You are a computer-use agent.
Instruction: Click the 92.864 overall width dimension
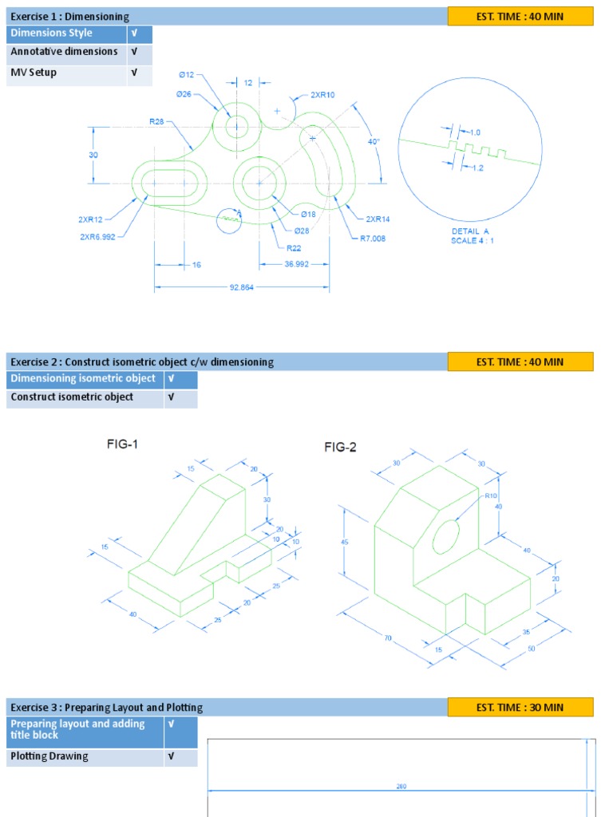[241, 287]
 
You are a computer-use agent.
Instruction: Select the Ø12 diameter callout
[186, 74]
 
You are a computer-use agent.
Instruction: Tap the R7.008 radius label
[373, 238]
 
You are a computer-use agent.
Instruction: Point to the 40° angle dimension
[374, 141]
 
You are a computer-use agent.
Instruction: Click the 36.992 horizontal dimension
[296, 265]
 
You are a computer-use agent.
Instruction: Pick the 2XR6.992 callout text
[98, 236]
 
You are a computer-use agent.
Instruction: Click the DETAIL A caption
[470, 231]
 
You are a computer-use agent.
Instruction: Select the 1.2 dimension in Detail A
[478, 168]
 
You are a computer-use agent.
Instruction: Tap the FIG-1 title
[123, 444]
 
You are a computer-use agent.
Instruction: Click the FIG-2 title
[340, 448]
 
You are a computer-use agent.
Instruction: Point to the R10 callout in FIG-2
[490, 495]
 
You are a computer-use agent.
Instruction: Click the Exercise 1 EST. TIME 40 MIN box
[520, 16]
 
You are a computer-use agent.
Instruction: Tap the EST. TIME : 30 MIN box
[520, 707]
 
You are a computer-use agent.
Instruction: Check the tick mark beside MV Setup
[134, 73]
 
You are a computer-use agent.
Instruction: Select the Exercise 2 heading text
[142, 362]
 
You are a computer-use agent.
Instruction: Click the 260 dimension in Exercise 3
[401, 787]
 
